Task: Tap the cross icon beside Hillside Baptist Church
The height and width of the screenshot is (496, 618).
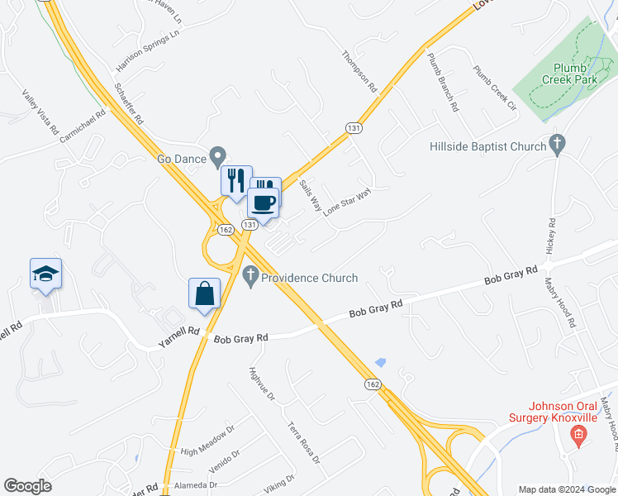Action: pyautogui.click(x=558, y=145)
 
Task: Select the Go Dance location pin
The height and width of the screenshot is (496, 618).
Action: pyautogui.click(x=218, y=156)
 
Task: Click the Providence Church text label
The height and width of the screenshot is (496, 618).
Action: pyautogui.click(x=309, y=278)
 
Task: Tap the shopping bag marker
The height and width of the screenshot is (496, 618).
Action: pyautogui.click(x=204, y=294)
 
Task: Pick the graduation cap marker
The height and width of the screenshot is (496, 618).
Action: pyautogui.click(x=45, y=275)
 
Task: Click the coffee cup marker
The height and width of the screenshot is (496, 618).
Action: pyautogui.click(x=264, y=203)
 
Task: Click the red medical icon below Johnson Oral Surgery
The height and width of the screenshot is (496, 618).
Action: pyautogui.click(x=578, y=433)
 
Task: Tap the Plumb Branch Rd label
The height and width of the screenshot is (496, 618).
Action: pyautogui.click(x=441, y=82)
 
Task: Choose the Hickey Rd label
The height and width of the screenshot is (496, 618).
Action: pyautogui.click(x=551, y=236)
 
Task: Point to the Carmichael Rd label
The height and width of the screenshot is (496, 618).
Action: pyautogui.click(x=83, y=127)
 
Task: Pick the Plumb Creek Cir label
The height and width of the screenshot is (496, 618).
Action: pyautogui.click(x=493, y=89)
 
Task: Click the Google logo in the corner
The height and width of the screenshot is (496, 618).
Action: pyautogui.click(x=27, y=485)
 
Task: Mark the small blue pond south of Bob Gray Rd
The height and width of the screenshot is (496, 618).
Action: pyautogui.click(x=380, y=362)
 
